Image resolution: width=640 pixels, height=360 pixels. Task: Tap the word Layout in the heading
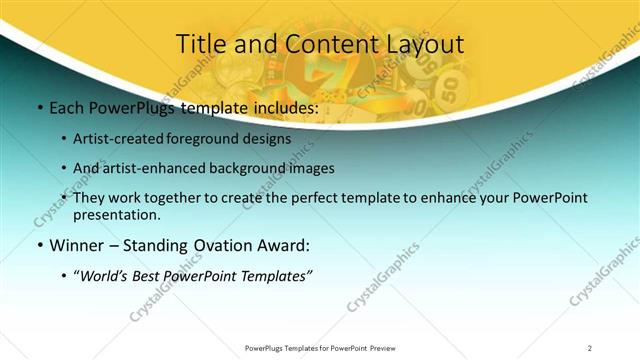click(x=423, y=44)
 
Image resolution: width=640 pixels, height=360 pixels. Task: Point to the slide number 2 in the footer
click(x=589, y=348)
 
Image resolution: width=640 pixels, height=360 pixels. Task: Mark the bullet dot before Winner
click(x=38, y=245)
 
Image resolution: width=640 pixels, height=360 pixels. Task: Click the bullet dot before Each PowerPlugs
click(x=38, y=108)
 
